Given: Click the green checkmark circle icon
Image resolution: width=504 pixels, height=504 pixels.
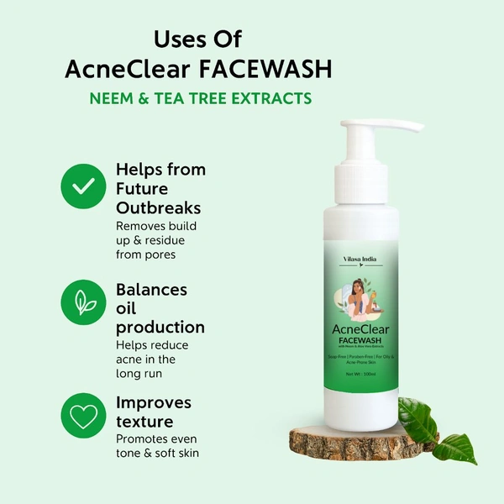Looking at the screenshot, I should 84,185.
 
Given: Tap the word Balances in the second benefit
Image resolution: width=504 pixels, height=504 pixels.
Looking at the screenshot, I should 152,290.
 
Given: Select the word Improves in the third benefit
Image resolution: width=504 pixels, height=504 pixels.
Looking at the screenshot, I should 154,402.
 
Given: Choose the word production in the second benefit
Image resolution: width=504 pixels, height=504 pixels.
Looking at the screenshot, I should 160,327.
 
